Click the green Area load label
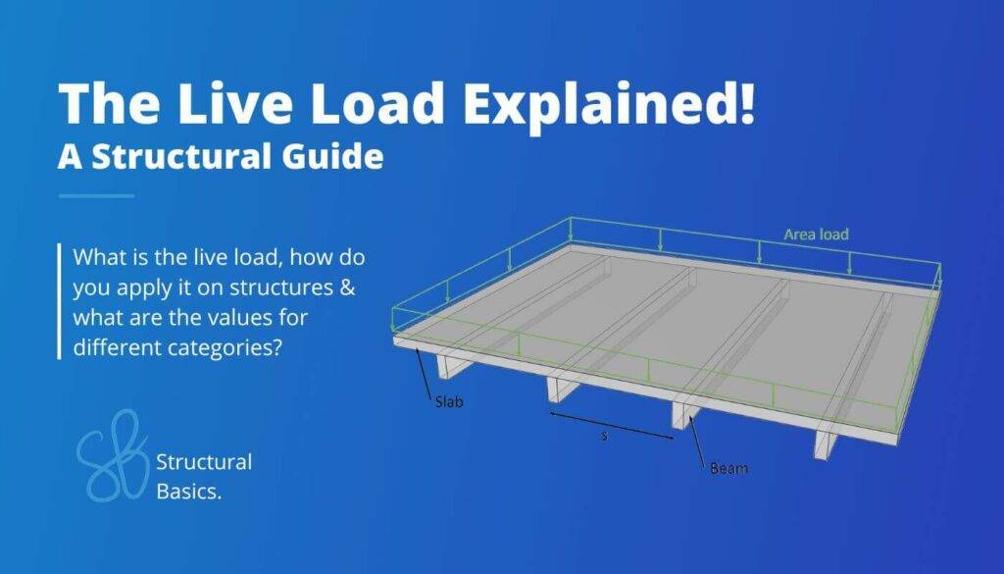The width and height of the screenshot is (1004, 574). pos(817,235)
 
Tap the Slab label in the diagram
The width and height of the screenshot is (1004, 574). pos(449,402)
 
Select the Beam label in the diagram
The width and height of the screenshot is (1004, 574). pos(728,468)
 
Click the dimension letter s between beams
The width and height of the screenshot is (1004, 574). pos(604,437)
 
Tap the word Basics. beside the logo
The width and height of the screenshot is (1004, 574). pos(189,492)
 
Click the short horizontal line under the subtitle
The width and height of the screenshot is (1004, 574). pos(97,195)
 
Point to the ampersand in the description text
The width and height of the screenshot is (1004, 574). pos(347,287)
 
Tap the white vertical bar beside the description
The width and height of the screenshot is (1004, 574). pos(60,301)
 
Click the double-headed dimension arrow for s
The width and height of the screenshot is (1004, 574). pos(612,426)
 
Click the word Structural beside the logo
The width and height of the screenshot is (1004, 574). pos(204,462)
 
